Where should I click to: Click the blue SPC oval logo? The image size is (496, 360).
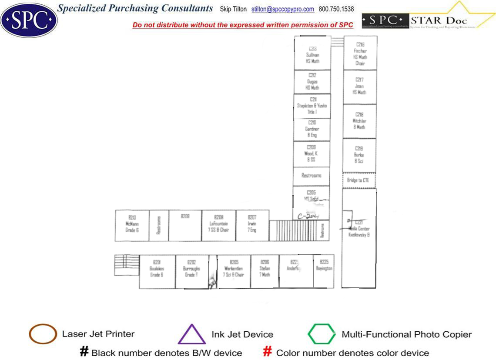[29, 20]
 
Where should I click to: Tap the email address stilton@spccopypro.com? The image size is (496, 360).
[283, 9]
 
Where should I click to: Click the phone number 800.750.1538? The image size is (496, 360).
[336, 9]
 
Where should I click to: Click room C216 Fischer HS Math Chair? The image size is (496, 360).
[360, 53]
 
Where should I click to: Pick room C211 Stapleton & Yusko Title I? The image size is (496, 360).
[312, 106]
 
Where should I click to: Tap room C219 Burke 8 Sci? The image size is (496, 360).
[359, 155]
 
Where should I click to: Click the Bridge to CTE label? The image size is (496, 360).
[358, 180]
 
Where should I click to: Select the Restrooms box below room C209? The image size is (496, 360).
[312, 176]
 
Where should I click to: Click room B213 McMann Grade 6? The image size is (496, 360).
[132, 223]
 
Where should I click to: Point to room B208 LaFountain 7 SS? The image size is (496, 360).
[219, 223]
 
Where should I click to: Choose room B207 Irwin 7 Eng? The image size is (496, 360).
[252, 223]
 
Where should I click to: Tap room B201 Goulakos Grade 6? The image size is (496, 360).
[157, 269]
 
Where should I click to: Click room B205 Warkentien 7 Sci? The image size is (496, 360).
[234, 269]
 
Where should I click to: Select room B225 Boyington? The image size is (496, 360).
[324, 266]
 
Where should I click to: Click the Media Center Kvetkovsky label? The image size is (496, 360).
[359, 232]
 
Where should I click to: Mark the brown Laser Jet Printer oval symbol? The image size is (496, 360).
[43, 334]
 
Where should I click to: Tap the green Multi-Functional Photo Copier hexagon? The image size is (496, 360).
[322, 334]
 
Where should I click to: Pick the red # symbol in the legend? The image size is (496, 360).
[268, 352]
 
